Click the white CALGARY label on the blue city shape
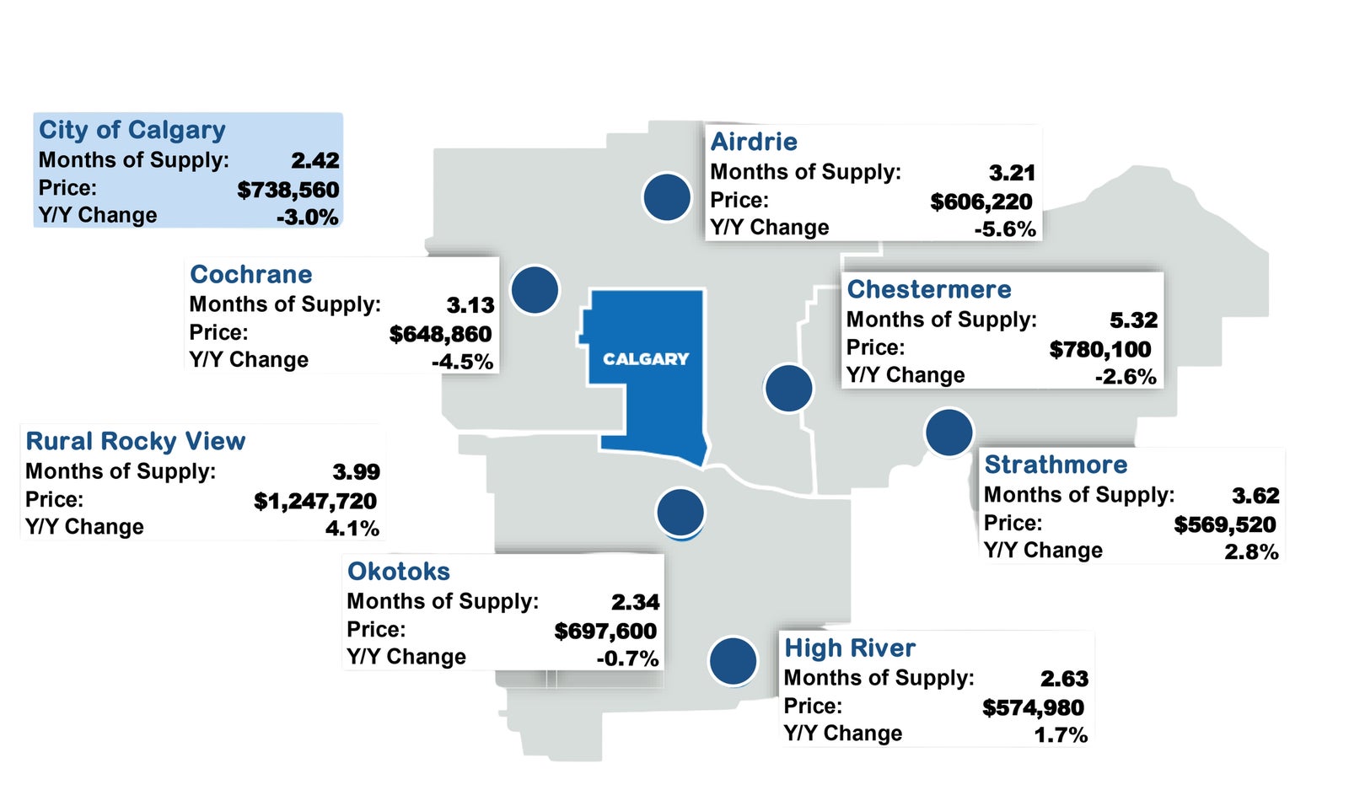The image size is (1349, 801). point(646,359)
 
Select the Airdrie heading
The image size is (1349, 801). point(754,142)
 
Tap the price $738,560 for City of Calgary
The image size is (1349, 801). point(288,191)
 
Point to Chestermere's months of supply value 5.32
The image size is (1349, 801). point(1133,320)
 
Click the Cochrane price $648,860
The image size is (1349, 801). point(440,334)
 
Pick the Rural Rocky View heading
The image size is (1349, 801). point(136,441)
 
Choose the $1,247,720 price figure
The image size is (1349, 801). point(315,501)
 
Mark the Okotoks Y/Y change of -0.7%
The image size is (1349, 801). point(627,659)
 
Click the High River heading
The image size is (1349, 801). point(850,648)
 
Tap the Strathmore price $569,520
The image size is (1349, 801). point(1225,524)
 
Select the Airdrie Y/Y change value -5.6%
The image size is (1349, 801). point(1005,229)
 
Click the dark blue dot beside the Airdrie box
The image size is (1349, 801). point(667,197)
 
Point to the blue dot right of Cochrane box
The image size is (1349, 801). point(535,290)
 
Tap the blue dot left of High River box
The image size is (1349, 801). point(733,661)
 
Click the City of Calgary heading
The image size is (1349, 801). point(132,130)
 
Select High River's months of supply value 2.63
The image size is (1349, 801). point(1064,679)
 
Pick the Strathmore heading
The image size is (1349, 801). point(1056,465)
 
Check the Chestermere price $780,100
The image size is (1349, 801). point(1100,349)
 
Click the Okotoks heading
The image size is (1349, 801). point(399,571)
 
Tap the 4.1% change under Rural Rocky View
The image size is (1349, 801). point(352,529)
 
